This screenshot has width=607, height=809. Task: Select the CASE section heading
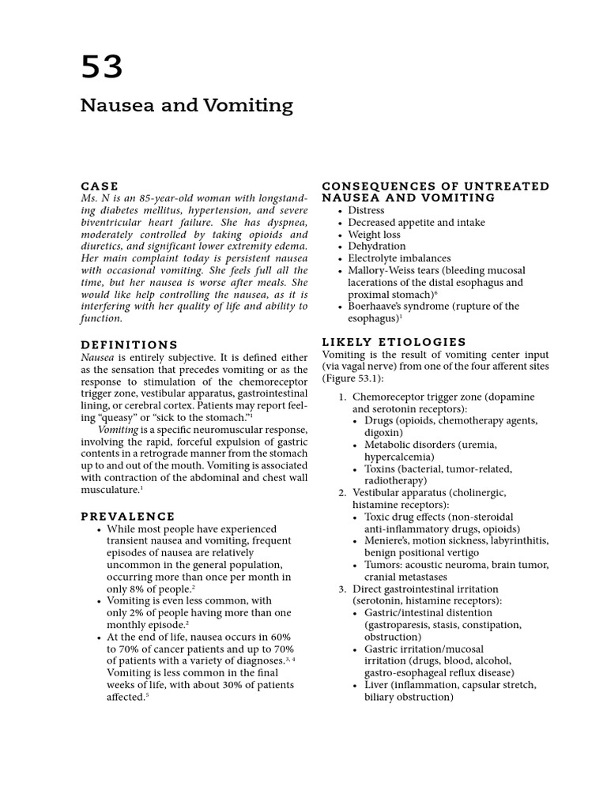100,186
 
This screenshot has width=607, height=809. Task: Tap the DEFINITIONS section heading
130,344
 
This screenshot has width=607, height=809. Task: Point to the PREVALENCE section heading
127,516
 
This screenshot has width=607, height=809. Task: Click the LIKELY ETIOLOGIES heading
394,341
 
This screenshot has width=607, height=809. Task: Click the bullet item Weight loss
374,235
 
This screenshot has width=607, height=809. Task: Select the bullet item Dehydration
376,246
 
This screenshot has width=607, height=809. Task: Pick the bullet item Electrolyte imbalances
399,258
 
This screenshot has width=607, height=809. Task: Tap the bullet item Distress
366,210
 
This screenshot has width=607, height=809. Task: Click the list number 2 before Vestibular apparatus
341,492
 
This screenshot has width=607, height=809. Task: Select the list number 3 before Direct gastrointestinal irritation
341,589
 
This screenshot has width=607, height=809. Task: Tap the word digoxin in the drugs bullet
383,433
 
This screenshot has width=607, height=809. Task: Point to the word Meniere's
389,540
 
